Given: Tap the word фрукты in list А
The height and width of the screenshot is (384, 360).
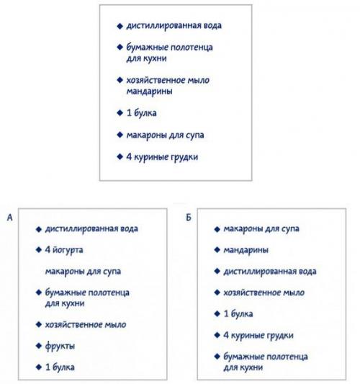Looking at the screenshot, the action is click(x=60, y=346).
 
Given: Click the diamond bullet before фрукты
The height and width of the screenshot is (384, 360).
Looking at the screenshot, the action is click(x=38, y=346).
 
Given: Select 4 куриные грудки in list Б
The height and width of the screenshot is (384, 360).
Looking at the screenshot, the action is click(x=259, y=335).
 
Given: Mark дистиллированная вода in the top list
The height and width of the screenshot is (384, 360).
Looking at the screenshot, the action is click(x=174, y=26).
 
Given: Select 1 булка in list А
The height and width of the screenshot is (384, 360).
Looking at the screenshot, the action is click(x=60, y=367).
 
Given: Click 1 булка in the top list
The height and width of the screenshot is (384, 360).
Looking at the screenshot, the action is click(x=142, y=113).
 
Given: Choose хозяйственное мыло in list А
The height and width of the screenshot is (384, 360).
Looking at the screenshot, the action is click(x=85, y=324).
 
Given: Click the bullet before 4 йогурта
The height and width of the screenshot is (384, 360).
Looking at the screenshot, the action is click(x=38, y=250).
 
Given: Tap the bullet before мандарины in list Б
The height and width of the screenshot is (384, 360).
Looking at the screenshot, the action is click(x=217, y=250).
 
